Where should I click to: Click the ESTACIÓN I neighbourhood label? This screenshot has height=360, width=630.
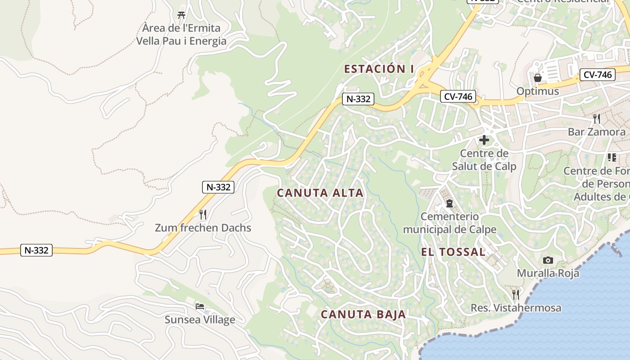(x=379, y=69)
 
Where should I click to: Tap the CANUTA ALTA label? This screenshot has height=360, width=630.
(x=320, y=193)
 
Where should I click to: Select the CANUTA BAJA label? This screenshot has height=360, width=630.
(x=364, y=314)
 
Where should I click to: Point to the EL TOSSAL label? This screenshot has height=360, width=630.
(x=453, y=252)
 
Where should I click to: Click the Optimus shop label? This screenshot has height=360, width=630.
(x=537, y=91)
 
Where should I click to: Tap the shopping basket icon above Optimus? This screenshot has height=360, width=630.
(x=537, y=78)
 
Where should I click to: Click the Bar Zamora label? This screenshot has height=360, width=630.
(x=596, y=132)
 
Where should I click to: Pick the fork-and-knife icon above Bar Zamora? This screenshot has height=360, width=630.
(x=597, y=119)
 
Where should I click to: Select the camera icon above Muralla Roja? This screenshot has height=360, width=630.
(x=548, y=260)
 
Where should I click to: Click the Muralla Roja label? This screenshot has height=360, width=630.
(x=548, y=273)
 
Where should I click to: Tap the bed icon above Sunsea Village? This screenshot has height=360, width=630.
(x=200, y=306)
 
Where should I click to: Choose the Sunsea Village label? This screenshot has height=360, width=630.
(x=200, y=320)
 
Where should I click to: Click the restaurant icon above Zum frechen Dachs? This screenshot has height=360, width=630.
(x=203, y=215)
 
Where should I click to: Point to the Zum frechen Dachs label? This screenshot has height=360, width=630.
(x=203, y=228)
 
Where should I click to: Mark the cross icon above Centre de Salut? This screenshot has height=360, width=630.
(x=484, y=140)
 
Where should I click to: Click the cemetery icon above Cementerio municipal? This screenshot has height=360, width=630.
(x=449, y=203)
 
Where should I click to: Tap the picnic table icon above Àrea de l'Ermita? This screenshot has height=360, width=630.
(x=181, y=15)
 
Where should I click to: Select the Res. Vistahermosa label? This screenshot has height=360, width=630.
(x=516, y=308)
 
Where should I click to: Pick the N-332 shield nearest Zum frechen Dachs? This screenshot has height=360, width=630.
(x=218, y=187)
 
